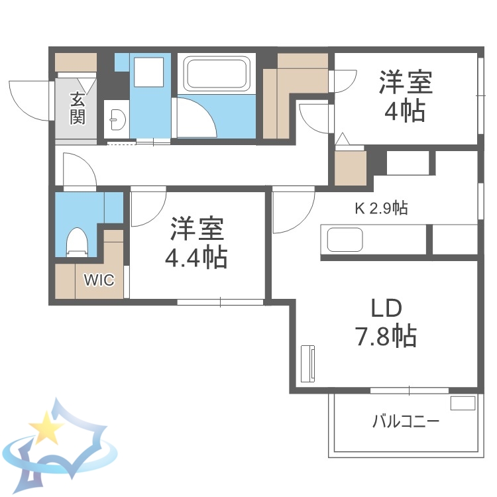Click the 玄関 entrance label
coord(78,109)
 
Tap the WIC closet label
coord(99,280)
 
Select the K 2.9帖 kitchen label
coord(380,209)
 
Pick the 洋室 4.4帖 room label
coord(197,242)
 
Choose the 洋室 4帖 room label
coord(406,96)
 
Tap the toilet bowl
coord(78,241)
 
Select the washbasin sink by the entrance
coord(117,120)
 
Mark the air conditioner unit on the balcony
coord(463,402)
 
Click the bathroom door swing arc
coord(196,117)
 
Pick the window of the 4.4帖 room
coord(220,303)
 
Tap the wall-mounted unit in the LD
coord(307,364)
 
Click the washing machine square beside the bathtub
coord(149,71)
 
